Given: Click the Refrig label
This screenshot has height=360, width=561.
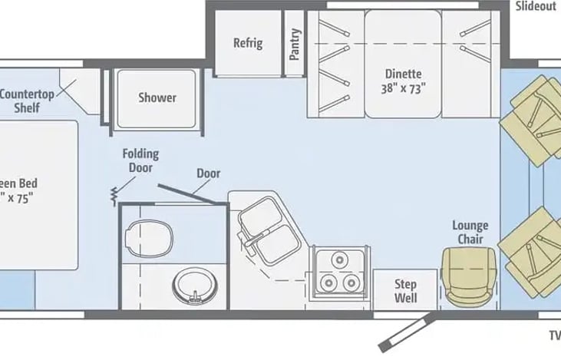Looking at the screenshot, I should point(247,43).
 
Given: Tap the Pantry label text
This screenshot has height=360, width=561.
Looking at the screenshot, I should point(295,44).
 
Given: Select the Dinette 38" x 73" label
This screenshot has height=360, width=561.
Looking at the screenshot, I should point(402,81).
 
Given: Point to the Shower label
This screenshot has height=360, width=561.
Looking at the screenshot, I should point(157,97).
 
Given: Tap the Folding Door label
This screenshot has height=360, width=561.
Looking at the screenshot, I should point(140,160).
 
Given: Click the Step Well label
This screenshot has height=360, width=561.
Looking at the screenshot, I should point(405,290).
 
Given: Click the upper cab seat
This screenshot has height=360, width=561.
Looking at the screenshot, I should point(531,115).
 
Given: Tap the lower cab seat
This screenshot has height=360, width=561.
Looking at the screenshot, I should point(531,246).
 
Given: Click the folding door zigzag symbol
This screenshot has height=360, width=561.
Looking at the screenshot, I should point(114,195).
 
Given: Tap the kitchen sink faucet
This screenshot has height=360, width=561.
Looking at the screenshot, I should point(247,243).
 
